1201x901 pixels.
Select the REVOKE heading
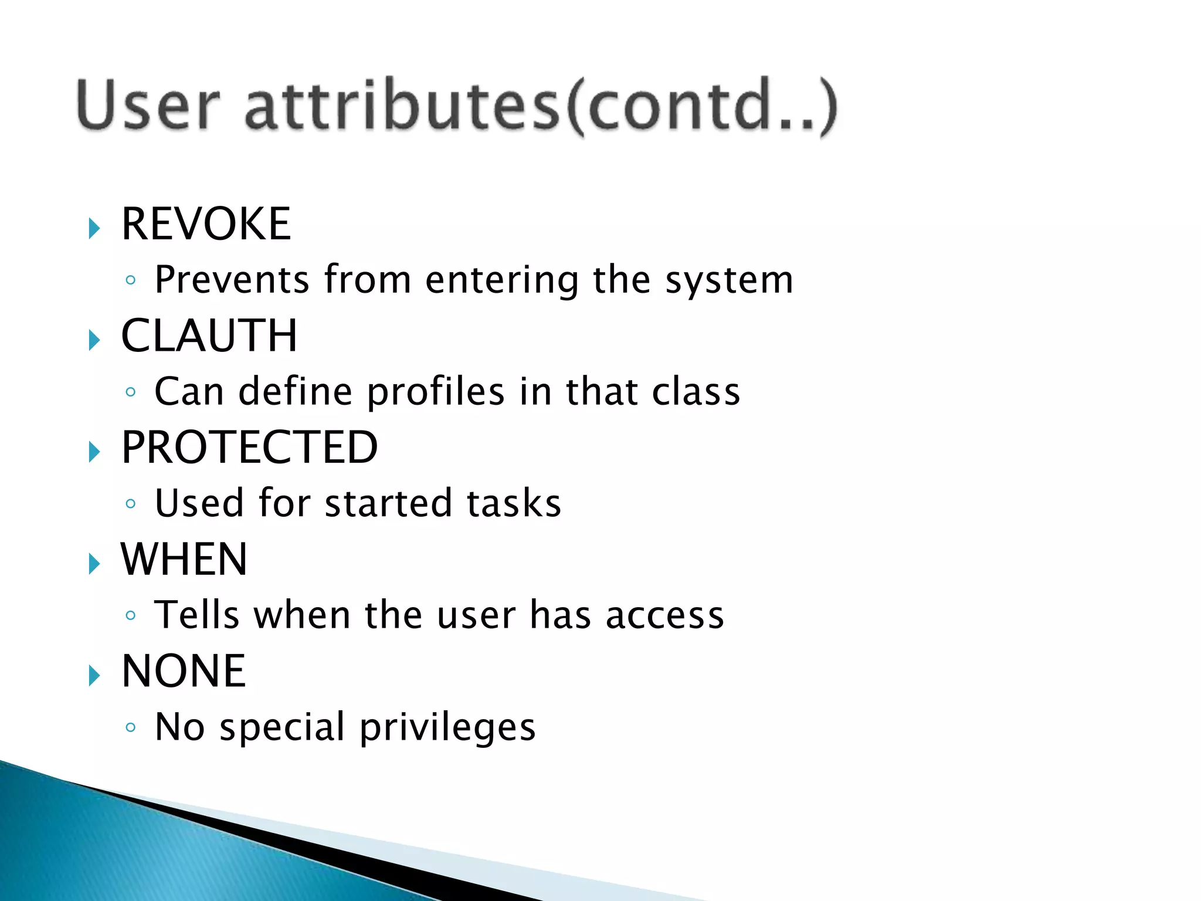point(206,224)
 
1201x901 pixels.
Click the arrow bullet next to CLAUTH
point(94,340)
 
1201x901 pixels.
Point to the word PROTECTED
point(249,448)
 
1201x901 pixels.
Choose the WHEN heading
point(184,560)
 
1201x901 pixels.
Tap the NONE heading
point(184,671)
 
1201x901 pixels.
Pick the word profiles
point(435,392)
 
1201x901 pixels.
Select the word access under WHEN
point(664,616)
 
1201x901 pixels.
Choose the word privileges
point(447,728)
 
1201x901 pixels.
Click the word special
point(282,728)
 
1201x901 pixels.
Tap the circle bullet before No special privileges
point(131,728)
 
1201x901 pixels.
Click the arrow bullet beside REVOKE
point(94,228)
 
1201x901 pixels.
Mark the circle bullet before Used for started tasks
point(131,504)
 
